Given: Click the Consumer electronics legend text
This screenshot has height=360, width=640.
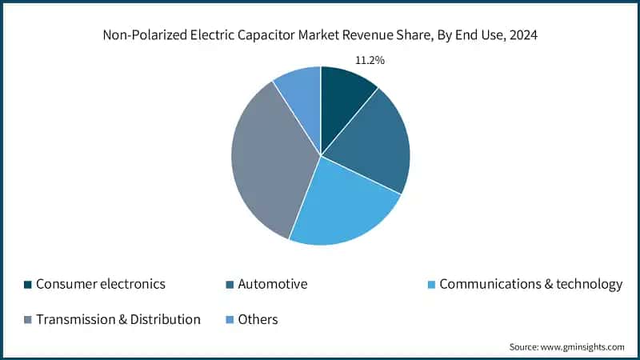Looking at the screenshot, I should click(101, 284).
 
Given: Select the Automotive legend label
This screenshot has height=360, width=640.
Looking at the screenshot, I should click(273, 284).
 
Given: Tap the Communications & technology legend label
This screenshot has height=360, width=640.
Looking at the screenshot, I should click(531, 284).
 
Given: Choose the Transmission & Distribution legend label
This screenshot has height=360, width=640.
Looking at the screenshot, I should click(118, 319).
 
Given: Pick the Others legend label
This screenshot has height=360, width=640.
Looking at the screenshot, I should click(257, 319).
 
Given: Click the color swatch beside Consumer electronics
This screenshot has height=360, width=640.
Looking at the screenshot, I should click(29, 285).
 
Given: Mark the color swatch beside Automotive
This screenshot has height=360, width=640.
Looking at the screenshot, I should click(230, 285).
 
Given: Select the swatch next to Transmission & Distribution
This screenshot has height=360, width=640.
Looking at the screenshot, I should click(29, 320).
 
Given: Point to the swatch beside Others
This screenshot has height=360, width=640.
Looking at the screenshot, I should click(230, 320).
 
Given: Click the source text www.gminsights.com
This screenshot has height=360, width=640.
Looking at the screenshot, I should click(583, 346).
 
